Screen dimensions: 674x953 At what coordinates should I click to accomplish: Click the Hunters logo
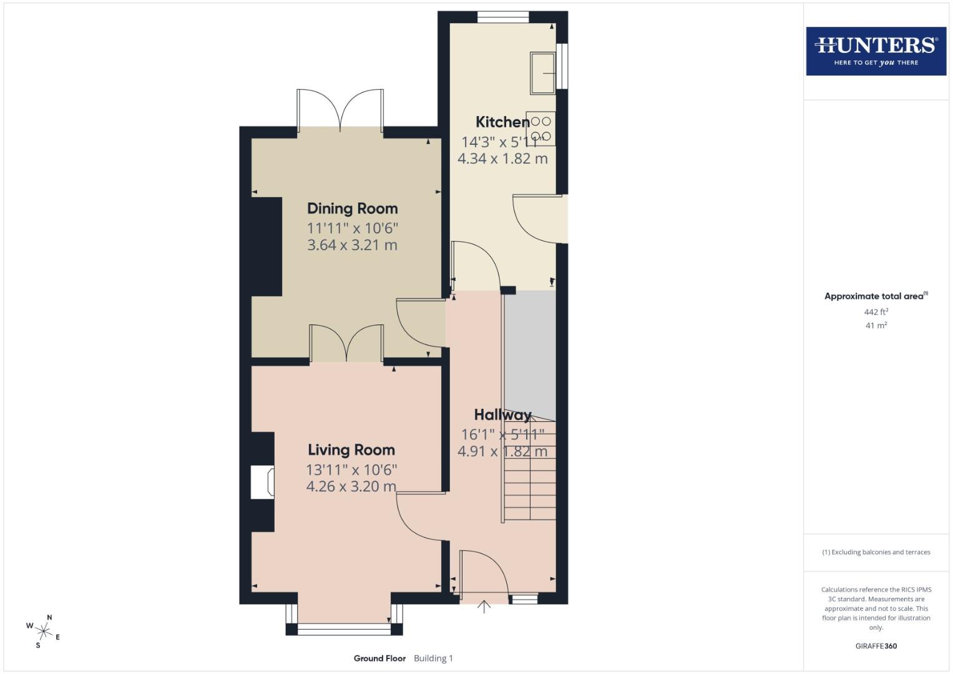click(x=876, y=51)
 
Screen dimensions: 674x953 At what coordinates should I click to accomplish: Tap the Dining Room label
click(x=352, y=208)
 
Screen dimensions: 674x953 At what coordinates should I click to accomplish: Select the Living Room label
click(x=351, y=450)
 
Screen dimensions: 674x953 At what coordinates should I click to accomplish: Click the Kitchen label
click(x=502, y=122)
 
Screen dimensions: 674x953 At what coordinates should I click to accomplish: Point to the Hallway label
click(x=502, y=415)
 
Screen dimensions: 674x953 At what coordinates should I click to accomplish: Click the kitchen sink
click(x=542, y=74)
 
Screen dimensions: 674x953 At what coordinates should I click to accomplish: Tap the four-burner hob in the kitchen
click(x=541, y=129)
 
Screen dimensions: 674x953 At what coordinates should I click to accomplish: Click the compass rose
click(x=43, y=631)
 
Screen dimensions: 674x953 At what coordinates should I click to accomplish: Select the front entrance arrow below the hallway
click(x=484, y=607)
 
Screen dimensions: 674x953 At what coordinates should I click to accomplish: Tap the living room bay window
click(x=344, y=628)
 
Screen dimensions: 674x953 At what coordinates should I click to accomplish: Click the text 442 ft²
click(x=876, y=312)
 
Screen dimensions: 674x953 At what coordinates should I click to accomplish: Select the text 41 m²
click(x=876, y=325)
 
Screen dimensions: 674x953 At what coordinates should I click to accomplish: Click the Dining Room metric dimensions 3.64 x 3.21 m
click(x=352, y=245)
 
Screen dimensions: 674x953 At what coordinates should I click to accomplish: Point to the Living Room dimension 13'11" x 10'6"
click(x=351, y=470)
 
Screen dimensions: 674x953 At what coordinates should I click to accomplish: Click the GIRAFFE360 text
click(x=876, y=646)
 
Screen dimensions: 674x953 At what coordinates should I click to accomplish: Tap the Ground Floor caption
click(x=379, y=658)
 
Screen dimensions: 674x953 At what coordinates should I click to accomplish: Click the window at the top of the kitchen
click(x=503, y=17)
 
